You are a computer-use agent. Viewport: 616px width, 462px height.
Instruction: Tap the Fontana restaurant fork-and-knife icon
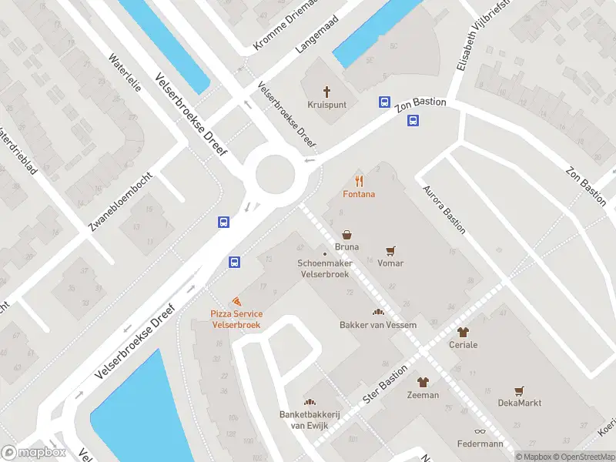coord(359,181)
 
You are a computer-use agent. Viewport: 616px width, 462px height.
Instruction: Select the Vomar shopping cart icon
coord(390,250)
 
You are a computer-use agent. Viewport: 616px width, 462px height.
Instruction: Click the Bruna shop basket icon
coord(347,234)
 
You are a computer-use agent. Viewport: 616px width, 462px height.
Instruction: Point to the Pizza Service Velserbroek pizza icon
coord(236,301)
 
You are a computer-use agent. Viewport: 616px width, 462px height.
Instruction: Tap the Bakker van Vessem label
coord(378,325)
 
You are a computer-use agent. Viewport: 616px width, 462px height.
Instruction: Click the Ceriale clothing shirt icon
coord(463,332)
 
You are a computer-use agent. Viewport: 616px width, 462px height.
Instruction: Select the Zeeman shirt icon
coord(423,382)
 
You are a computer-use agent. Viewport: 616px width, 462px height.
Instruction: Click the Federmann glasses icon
coord(480,431)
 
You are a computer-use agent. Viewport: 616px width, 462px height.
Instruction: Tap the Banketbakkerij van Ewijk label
coord(309,420)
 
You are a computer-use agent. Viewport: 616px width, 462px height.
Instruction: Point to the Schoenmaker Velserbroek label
coord(324,268)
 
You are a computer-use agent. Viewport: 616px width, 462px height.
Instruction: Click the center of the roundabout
coord(276,172)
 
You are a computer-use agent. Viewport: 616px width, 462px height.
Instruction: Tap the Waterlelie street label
coord(125,73)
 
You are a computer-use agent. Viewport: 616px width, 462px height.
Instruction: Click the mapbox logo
coord(33,453)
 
